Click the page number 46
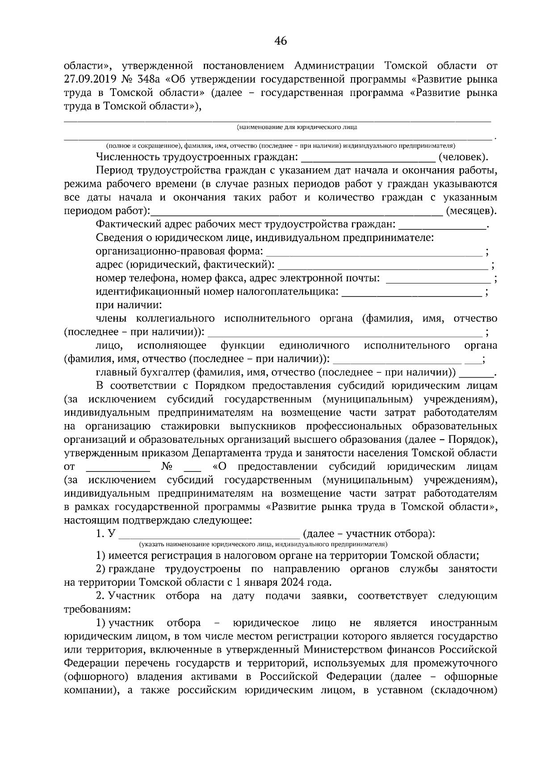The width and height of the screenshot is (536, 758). click(281, 42)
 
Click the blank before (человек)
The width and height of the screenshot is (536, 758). click(368, 158)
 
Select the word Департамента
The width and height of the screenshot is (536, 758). click(226, 453)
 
